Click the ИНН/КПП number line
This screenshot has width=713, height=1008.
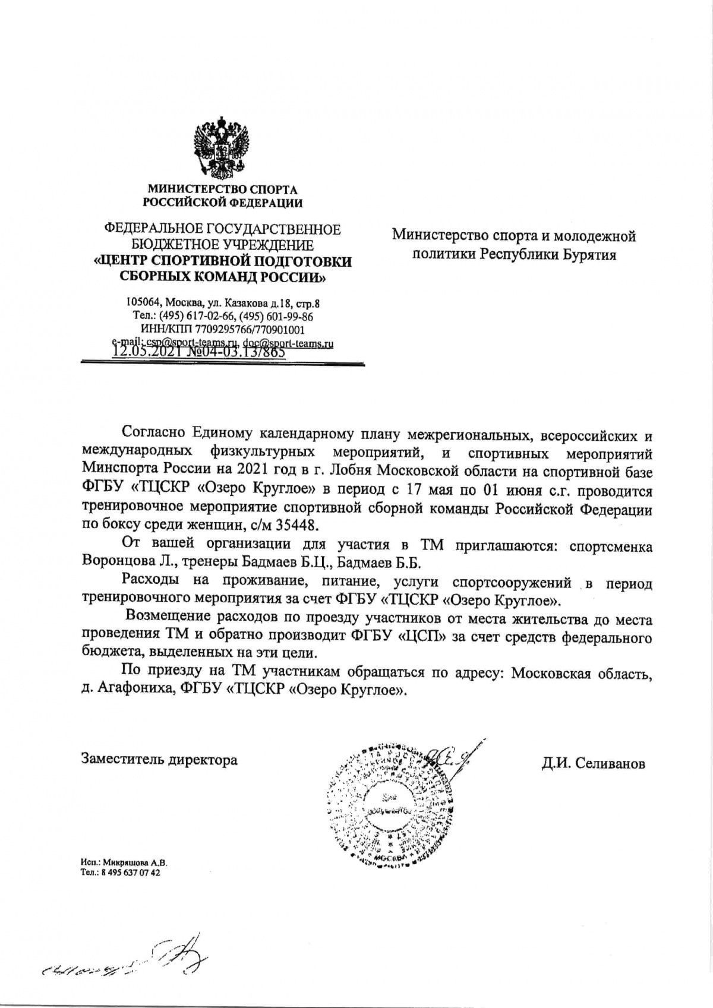(223, 328)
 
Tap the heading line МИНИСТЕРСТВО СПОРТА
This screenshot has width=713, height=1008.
(223, 189)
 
